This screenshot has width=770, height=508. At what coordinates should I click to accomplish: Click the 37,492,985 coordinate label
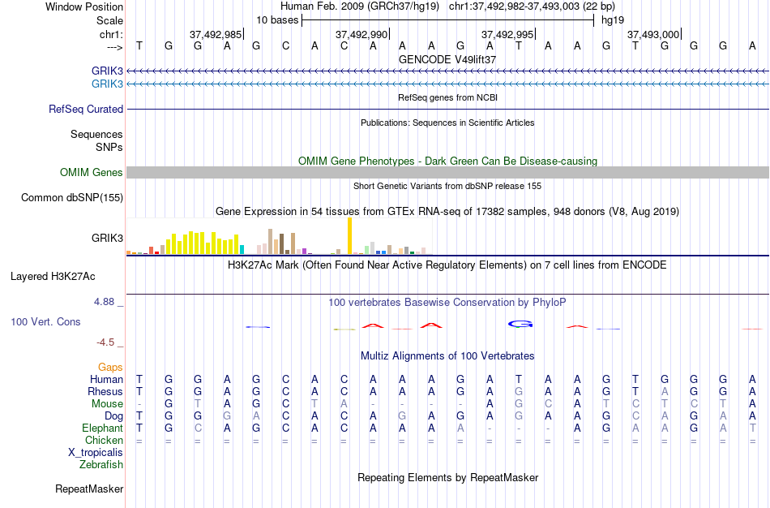point(215,35)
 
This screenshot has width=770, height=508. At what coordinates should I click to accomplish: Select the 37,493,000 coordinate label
point(652,35)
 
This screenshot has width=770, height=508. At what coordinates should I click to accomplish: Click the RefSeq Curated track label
point(86,109)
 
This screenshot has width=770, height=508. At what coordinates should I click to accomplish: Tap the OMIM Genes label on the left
point(92,172)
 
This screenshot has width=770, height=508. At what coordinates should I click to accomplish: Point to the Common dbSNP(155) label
point(72,197)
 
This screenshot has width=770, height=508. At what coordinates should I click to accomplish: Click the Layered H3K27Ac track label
point(53,276)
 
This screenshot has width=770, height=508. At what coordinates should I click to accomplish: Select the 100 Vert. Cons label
point(45,321)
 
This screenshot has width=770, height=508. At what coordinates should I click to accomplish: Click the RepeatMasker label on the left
point(89,489)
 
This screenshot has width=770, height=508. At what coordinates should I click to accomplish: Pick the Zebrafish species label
point(101,464)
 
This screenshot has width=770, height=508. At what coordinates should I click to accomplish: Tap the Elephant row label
point(103,428)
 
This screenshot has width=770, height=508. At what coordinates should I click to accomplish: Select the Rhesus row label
point(105,391)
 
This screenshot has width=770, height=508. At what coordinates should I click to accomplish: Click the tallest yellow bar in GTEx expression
point(349,235)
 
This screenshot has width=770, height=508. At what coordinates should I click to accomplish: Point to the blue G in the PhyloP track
point(520,324)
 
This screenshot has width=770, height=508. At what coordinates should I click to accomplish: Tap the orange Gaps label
point(110,367)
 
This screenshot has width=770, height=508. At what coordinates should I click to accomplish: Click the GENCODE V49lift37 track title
point(447,59)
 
